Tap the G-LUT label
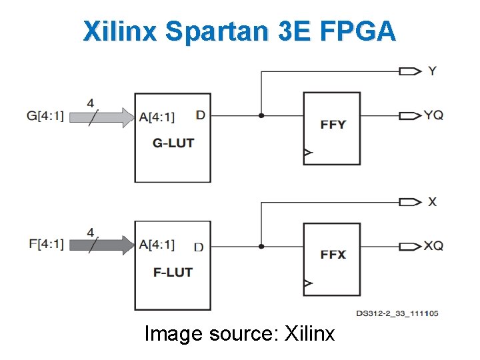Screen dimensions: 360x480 click(173, 142)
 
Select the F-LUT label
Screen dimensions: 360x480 click(173, 272)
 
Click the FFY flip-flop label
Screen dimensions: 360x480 click(333, 124)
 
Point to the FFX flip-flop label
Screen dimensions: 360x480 click(333, 254)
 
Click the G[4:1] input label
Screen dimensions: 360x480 click(45, 116)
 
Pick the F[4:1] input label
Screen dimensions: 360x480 click(45, 244)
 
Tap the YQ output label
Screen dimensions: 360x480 click(433, 115)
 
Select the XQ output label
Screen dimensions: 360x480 click(433, 246)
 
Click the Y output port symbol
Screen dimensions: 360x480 click(409, 71)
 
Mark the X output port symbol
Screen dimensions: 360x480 click(409, 201)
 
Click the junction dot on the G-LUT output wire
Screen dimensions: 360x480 click(261, 115)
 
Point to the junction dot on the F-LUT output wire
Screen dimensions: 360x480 click(261, 246)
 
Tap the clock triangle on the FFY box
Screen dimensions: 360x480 click(307, 153)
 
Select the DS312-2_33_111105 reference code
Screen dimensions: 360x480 click(397, 313)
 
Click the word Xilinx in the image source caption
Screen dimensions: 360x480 click(309, 333)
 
